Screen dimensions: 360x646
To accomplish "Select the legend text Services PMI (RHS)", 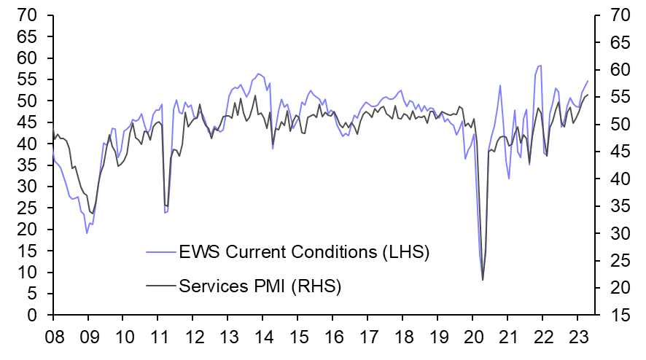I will tap(260, 285).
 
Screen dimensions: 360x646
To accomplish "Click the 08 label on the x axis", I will tap(53, 339).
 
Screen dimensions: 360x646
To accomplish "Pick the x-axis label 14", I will tap(262, 339).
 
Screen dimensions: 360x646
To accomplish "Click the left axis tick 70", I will tap(27, 15).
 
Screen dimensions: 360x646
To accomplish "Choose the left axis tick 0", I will tap(34, 316).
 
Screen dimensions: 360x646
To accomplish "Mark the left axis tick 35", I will tap(27, 165).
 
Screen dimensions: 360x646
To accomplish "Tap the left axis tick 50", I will tap(27, 101).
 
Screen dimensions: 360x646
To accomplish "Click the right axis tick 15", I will tap(616, 316).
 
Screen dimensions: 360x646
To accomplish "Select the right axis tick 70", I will tap(616, 15).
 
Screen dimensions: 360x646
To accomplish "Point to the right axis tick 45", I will tap(616, 152).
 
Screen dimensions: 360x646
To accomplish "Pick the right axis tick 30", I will tap(616, 233).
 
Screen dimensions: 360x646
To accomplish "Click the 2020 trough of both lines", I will tap(483, 279).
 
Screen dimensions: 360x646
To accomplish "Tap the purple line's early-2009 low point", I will tap(87, 232).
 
